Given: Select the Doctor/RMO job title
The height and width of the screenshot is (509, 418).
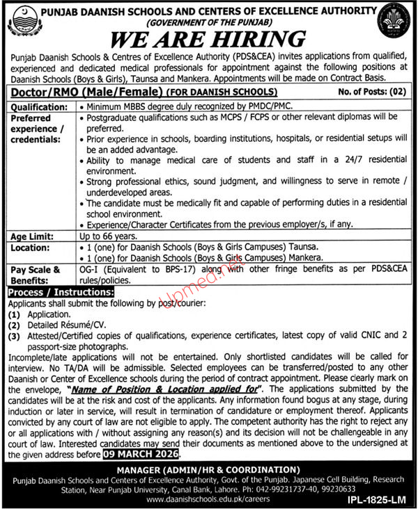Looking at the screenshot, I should (x=75, y=91).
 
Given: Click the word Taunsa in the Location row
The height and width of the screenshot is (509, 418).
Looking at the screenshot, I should (x=304, y=247).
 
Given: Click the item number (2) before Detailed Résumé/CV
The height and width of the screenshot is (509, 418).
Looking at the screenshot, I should (x=13, y=325).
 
